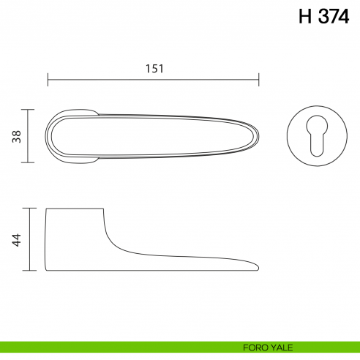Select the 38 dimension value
(x=16, y=136)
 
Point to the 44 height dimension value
(x=16, y=239)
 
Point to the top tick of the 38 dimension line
(x=29, y=110)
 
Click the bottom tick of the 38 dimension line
(x=29, y=162)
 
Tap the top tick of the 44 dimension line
(x=29, y=209)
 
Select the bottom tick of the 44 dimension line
(x=29, y=270)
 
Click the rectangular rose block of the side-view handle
(x=73, y=238)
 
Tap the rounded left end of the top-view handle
(x=49, y=136)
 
